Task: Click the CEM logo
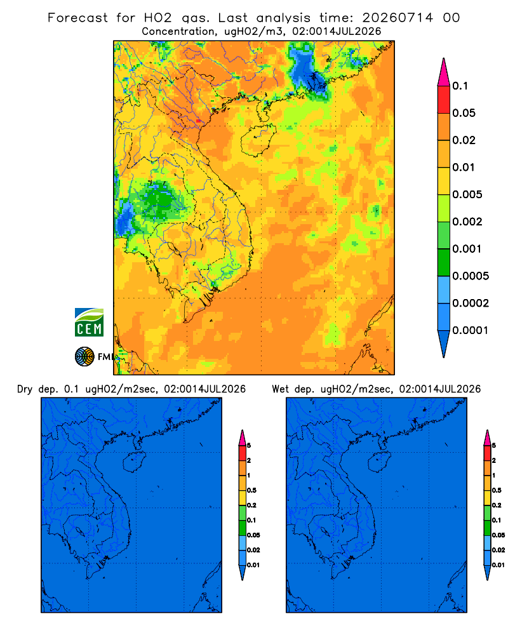click(x=89, y=323)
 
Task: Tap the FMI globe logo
click(x=84, y=357)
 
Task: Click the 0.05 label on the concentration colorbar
click(x=464, y=113)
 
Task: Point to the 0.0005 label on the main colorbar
click(x=471, y=276)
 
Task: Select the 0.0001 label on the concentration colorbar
click(x=471, y=330)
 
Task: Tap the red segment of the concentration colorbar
click(x=444, y=100)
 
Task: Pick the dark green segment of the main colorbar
click(x=444, y=262)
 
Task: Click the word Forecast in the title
click(x=77, y=18)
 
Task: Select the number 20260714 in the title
click(x=398, y=18)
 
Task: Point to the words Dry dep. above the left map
click(x=37, y=390)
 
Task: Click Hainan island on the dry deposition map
click(x=134, y=462)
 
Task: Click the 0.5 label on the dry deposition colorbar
click(x=251, y=490)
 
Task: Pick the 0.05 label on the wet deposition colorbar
click(x=498, y=535)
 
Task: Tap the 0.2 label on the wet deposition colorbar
click(x=497, y=505)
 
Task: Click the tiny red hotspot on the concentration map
click(x=198, y=121)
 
